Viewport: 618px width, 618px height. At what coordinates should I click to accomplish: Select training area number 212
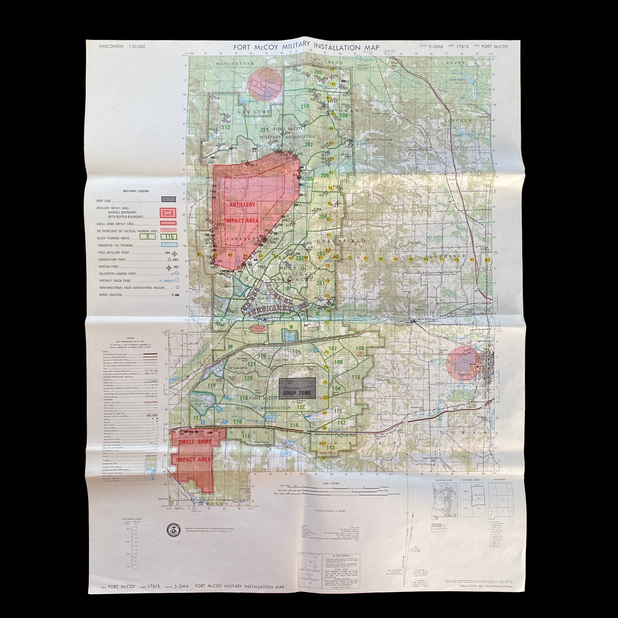[x=225, y=127]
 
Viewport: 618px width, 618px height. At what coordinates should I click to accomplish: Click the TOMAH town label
[x=463, y=374]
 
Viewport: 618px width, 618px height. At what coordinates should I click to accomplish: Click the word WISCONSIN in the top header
[x=111, y=46]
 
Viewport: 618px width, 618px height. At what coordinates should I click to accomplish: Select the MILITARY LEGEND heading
[x=136, y=191]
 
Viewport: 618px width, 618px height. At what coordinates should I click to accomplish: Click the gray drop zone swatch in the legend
[x=168, y=199]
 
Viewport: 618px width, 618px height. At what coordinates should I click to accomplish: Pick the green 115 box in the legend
[x=169, y=237]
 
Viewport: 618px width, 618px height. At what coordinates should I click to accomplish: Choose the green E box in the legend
[x=148, y=237]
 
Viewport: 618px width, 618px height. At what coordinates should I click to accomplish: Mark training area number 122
[x=301, y=407]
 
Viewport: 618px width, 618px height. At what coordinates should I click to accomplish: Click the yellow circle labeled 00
[x=487, y=260]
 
